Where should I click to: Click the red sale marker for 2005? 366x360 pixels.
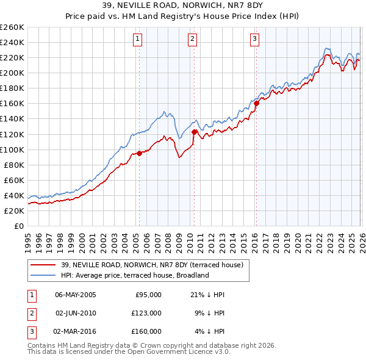point(139,153)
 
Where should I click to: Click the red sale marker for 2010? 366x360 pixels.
point(194,132)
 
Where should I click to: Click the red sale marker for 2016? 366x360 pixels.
point(256,103)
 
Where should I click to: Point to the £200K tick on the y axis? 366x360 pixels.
point(12,73)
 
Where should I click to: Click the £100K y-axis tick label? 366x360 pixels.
point(12,149)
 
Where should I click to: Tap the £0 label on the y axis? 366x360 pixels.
point(19,226)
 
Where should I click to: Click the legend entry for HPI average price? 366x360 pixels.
point(134,275)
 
